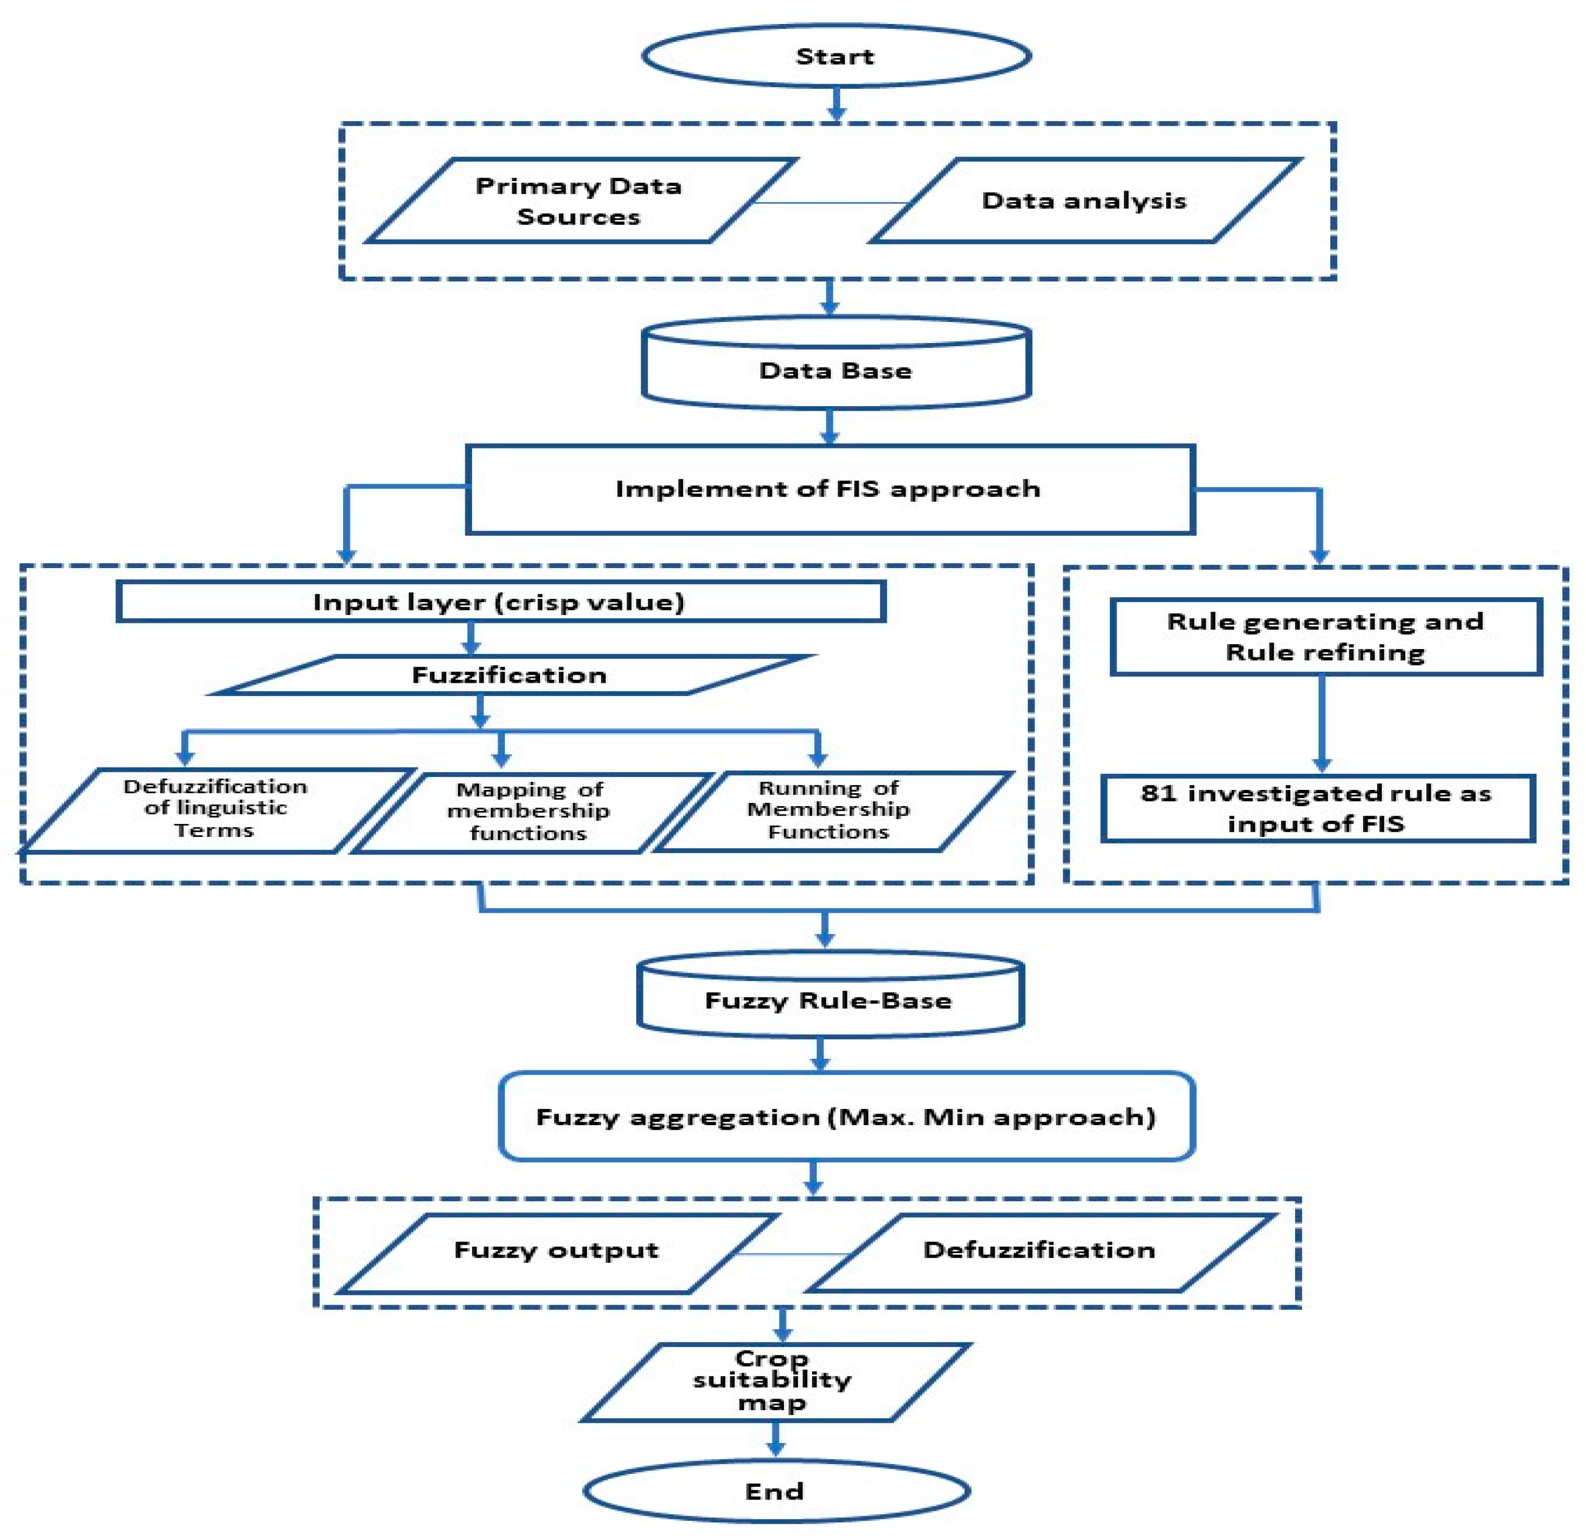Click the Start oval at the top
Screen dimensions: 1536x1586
tap(836, 56)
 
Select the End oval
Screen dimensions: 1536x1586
tap(775, 1491)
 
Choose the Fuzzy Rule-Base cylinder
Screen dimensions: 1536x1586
tap(829, 1000)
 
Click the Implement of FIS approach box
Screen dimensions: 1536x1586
tap(829, 489)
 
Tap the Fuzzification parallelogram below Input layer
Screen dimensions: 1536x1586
tap(510, 675)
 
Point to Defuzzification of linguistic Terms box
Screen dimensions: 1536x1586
tap(215, 809)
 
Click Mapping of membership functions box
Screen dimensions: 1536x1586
tap(530, 811)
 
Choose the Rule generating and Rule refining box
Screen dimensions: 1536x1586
tap(1325, 636)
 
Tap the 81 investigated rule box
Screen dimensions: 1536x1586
tap(1317, 809)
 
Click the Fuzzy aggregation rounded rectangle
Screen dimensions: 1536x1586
tap(845, 1117)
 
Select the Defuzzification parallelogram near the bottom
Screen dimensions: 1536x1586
tap(1040, 1250)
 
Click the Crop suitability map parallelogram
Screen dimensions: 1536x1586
tap(773, 1381)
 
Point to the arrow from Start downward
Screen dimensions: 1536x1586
tap(837, 103)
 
